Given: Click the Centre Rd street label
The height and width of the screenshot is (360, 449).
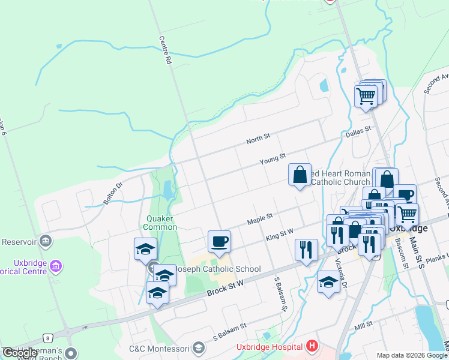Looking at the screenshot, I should [x=163, y=50].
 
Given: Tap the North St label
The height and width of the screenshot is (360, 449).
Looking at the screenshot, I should [x=259, y=140].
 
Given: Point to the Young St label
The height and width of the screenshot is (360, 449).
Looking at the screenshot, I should [x=272, y=160].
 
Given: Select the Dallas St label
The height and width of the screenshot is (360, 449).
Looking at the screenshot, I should [x=358, y=132].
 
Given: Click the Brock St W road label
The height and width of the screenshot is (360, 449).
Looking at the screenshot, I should [x=223, y=286].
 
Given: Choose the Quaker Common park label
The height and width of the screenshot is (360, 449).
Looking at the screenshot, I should [x=160, y=223].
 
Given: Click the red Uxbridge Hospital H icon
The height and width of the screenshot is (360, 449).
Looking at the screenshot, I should [x=312, y=346].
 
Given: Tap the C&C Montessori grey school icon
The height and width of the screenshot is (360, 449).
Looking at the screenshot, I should [x=199, y=348].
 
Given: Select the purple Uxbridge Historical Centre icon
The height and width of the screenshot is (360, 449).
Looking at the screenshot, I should [x=56, y=265].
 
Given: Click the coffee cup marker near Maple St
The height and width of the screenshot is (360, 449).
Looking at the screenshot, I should [x=218, y=242].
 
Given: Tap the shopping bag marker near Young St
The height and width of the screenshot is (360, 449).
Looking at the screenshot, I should [x=300, y=175].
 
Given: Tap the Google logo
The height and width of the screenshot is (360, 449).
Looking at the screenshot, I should [x=20, y=353].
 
